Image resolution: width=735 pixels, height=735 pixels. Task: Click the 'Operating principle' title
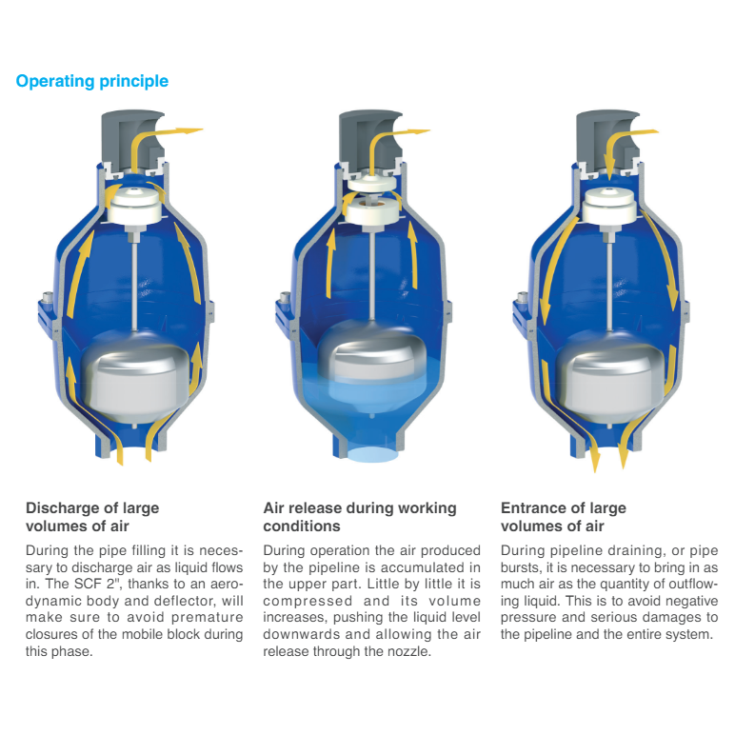pyautogui.click(x=92, y=81)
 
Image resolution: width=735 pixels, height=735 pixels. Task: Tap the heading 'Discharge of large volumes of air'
pyautogui.click(x=92, y=517)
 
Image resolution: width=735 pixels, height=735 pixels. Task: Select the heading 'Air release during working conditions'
pyautogui.click(x=360, y=517)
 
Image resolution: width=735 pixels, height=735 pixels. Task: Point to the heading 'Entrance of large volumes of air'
pyautogui.click(x=563, y=517)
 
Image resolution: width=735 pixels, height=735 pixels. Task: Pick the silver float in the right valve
pyautogui.click(x=609, y=375)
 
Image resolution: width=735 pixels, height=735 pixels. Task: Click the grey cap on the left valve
pyautogui.click(x=133, y=139)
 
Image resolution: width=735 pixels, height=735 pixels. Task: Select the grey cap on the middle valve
pyautogui.click(x=370, y=139)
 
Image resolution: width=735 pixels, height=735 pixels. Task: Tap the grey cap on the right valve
pyautogui.click(x=608, y=139)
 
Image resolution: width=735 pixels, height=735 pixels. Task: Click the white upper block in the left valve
pyautogui.click(x=135, y=207)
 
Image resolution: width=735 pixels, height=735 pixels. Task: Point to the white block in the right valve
pyautogui.click(x=609, y=207)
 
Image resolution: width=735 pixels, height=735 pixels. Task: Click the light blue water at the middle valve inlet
pyautogui.click(x=373, y=454)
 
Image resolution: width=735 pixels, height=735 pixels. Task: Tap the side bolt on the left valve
pyautogui.click(x=47, y=298)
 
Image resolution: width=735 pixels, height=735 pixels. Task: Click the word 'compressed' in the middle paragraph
pyautogui.click(x=308, y=602)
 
